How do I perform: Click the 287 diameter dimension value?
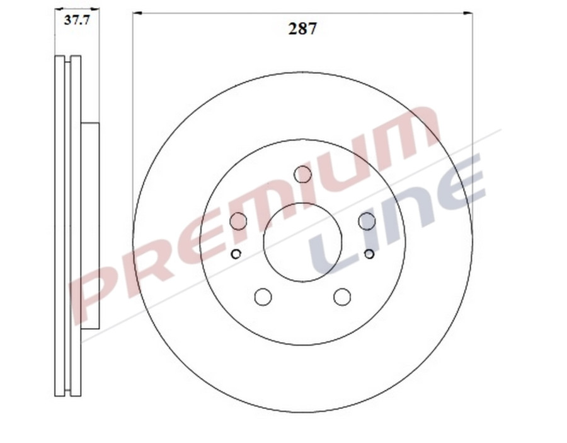coord(302,29)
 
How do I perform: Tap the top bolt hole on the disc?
coord(303,174)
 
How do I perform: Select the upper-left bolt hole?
coord(238,221)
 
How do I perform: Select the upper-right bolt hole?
coord(367,221)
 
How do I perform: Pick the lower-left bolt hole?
coord(263,297)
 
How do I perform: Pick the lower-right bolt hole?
coord(342,297)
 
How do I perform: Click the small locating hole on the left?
coord(236,254)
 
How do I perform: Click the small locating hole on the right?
coord(369,254)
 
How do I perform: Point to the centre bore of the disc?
coord(302,242)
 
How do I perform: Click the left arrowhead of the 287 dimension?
coord(137,13)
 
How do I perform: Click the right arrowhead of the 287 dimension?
coord(469,13)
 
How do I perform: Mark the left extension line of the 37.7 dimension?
coord(55,32)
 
